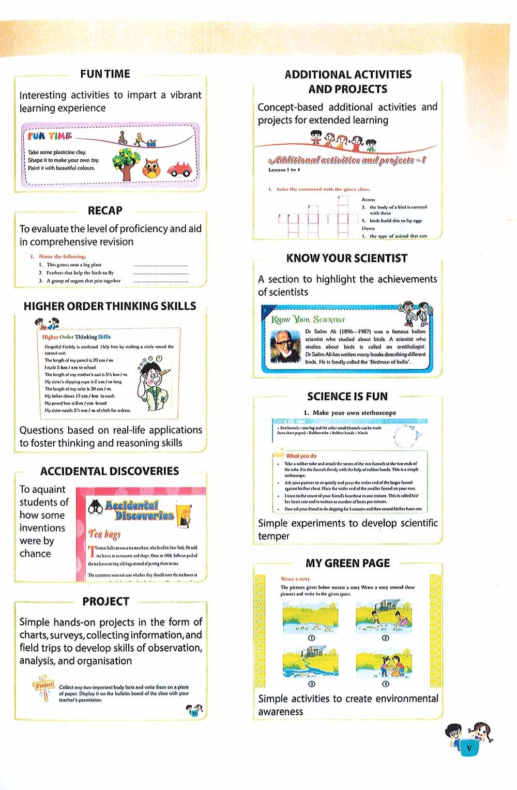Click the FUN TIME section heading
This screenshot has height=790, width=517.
[x=105, y=74]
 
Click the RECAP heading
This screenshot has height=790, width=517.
[x=105, y=210]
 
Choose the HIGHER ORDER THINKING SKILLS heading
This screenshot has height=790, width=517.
[x=110, y=306]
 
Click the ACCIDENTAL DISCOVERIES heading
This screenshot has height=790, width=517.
[x=110, y=471]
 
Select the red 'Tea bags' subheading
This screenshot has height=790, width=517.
[x=104, y=534]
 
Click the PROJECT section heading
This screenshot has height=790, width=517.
[x=105, y=601]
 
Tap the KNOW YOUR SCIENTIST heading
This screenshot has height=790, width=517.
[x=347, y=258]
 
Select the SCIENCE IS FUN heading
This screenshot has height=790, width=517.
[x=347, y=397]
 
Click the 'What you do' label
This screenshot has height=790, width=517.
[x=301, y=456]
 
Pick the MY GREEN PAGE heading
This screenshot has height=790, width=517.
[x=347, y=563]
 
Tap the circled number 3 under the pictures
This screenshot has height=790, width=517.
[x=312, y=684]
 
